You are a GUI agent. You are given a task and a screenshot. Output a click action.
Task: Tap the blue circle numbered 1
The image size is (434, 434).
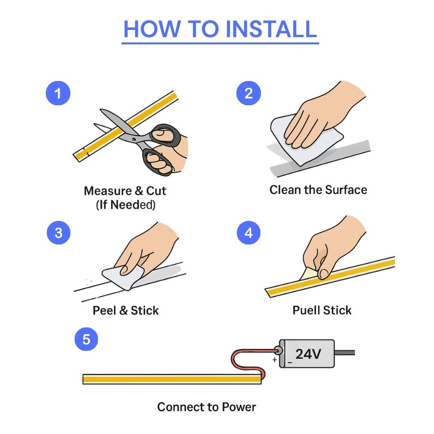point(58,93)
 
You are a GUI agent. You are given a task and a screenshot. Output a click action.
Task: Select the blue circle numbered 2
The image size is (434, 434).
point(248,93)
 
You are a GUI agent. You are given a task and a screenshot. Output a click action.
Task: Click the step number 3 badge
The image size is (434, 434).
point(58,233)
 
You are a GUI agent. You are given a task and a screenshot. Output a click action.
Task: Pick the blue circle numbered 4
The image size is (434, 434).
point(248,233)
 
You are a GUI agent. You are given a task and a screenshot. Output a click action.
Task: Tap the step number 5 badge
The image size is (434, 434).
point(86,339)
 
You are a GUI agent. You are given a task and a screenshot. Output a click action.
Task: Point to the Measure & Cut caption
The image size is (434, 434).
point(125,191)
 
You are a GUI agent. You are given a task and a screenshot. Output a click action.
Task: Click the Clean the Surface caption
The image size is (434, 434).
point(318,190)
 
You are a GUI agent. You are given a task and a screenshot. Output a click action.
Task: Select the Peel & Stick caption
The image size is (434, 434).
point(125,310)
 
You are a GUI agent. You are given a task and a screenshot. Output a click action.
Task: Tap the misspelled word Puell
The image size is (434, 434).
point(307,310)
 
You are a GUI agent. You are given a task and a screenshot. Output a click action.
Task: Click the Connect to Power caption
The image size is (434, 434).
point(206,407)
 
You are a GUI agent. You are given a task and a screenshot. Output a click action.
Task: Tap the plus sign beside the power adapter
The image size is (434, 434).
point(274,360)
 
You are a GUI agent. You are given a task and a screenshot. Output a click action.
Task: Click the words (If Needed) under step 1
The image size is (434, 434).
point(125,205)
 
